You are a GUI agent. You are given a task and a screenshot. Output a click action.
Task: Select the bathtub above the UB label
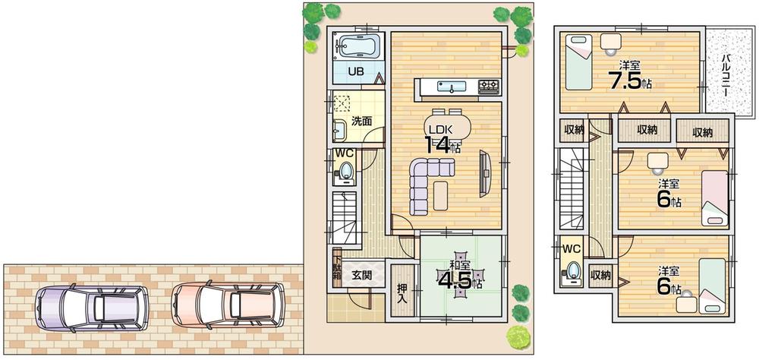point(359,47)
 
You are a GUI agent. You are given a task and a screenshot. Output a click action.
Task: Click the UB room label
point(355,72)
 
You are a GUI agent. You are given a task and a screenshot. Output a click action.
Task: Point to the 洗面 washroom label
point(361,121)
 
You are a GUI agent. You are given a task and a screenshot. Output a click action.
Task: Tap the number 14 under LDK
point(438,145)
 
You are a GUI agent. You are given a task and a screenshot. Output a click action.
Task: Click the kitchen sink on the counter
point(451,86)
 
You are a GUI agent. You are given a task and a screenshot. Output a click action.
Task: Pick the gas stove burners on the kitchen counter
point(488,86)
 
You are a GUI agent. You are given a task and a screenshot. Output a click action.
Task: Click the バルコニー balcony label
point(726,74)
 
